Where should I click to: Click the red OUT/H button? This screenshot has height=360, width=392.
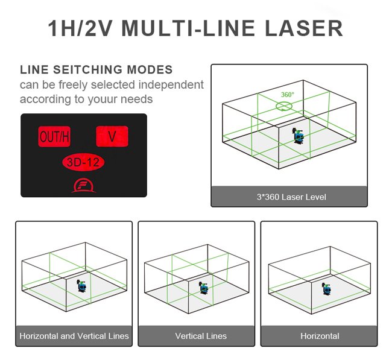(x=54, y=137)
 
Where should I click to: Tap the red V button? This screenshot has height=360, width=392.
(x=112, y=136)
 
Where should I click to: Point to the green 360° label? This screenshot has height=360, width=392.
(x=288, y=95)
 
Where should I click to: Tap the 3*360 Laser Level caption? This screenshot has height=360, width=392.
(x=289, y=197)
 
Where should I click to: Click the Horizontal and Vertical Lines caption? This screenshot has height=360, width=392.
(x=74, y=336)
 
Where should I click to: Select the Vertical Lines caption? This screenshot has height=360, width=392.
(x=201, y=336)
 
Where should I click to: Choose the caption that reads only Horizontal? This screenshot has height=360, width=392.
(x=320, y=336)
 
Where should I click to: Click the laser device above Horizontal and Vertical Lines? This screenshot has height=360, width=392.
(x=79, y=285)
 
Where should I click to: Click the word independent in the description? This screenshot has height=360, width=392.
(x=171, y=84)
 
